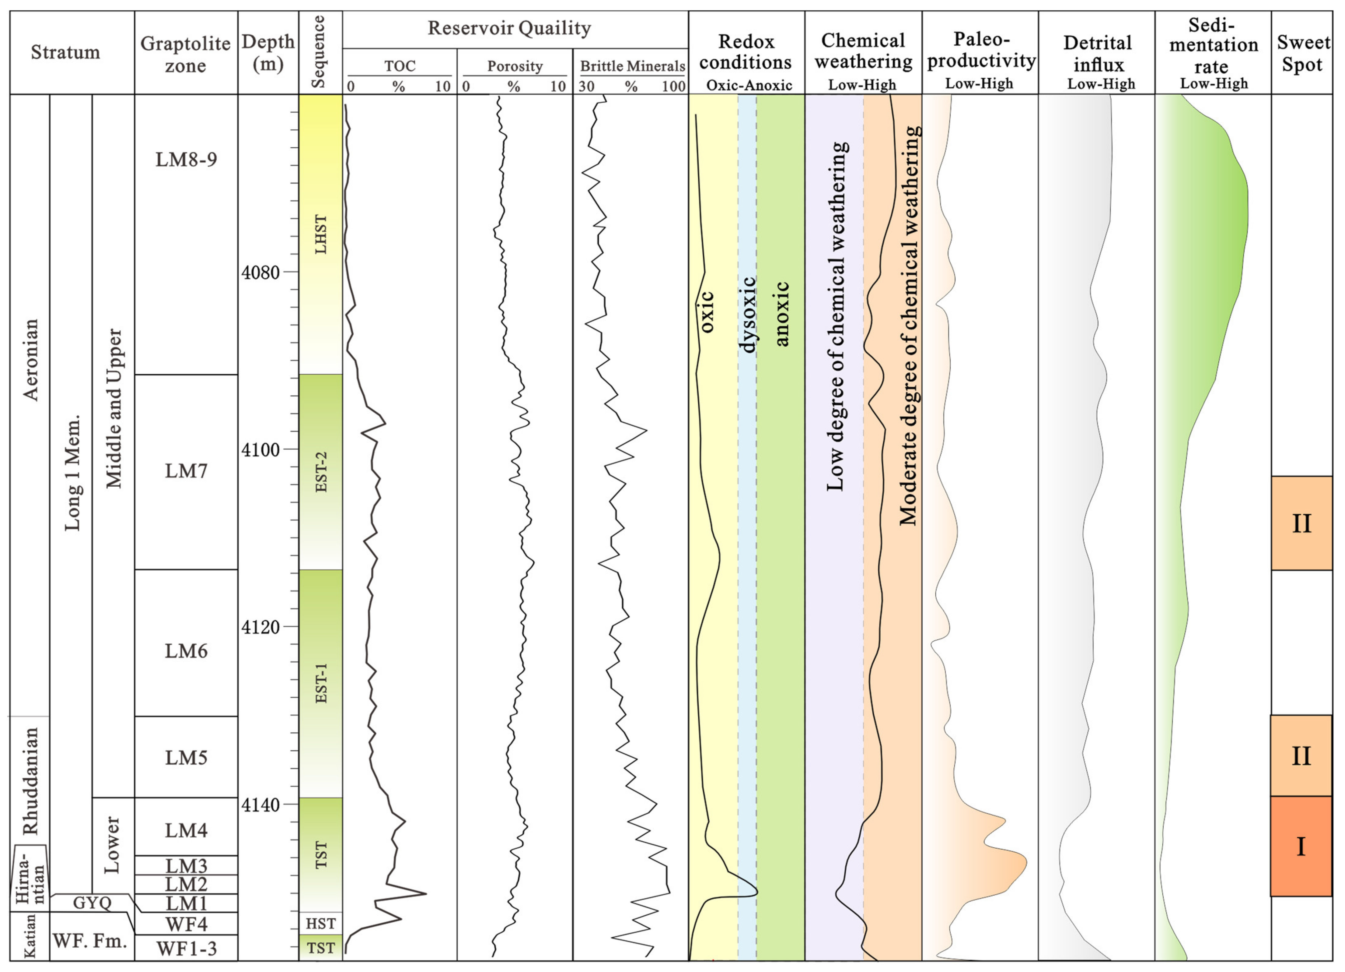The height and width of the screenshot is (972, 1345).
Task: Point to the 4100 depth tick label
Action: pyautogui.click(x=260, y=450)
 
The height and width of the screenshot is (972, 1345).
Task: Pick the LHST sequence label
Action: pyautogui.click(x=321, y=234)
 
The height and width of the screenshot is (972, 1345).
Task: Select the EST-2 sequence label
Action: pyautogui.click(x=321, y=472)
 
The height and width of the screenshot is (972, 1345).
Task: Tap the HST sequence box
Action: pyautogui.click(x=321, y=923)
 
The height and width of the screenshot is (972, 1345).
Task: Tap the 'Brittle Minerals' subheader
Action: pyautogui.click(x=632, y=66)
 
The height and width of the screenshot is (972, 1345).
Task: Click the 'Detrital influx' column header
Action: pyautogui.click(x=1098, y=53)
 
